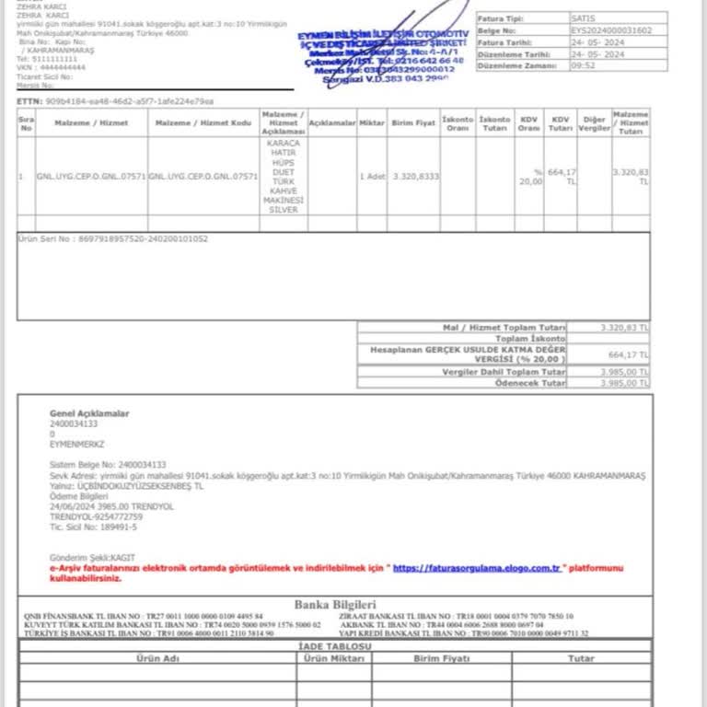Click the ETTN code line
click(115, 100)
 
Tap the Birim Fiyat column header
click(413, 122)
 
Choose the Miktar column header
click(372, 122)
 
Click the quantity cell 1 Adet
click(372, 175)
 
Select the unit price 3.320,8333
click(415, 175)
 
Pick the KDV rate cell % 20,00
click(529, 177)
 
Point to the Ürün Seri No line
click(113, 238)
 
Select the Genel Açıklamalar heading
click(89, 413)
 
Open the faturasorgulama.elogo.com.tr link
click(477, 568)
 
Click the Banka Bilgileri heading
click(336, 604)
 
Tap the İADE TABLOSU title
click(336, 646)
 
